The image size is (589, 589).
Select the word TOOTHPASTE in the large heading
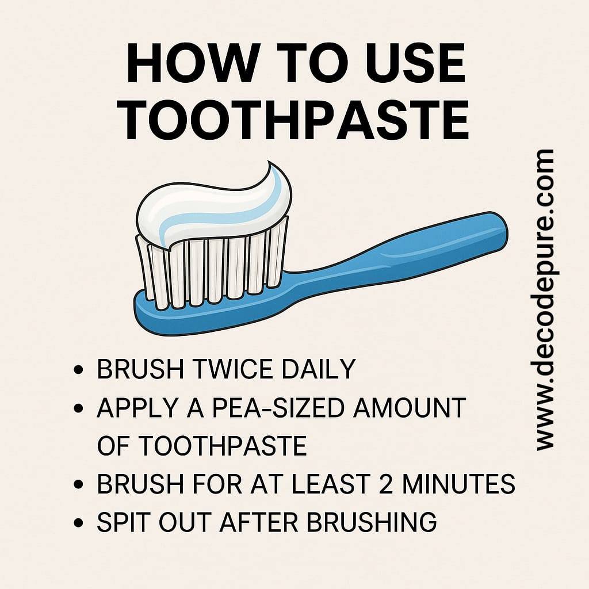296,120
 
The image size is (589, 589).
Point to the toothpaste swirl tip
269,163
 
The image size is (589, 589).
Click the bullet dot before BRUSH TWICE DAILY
78,370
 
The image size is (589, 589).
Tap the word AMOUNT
410,408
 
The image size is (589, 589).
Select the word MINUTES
458,484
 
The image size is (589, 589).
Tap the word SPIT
124,522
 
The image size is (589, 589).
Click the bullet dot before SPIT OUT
78,522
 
